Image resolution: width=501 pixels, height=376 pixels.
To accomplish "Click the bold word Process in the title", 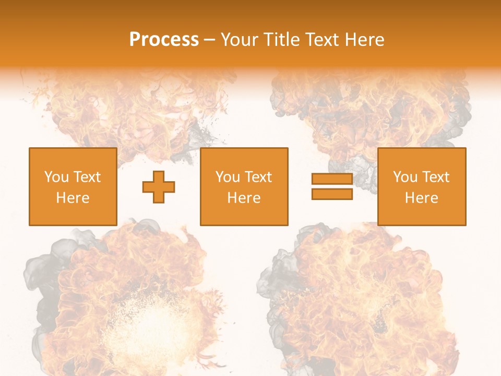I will [164, 40].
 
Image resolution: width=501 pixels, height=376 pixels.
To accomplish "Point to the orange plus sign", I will [159, 187].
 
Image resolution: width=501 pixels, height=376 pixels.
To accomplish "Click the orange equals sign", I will [332, 187].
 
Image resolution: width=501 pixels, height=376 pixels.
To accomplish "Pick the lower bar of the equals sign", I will [332, 194].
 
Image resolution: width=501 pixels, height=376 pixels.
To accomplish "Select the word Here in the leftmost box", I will [73, 198].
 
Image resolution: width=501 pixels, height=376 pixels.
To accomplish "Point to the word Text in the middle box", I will [258, 177].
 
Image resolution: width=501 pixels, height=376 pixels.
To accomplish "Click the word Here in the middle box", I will [244, 198].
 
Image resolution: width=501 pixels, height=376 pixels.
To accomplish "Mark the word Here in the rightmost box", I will [421, 198].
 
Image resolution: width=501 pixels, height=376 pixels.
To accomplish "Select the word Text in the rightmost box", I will [436, 177].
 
